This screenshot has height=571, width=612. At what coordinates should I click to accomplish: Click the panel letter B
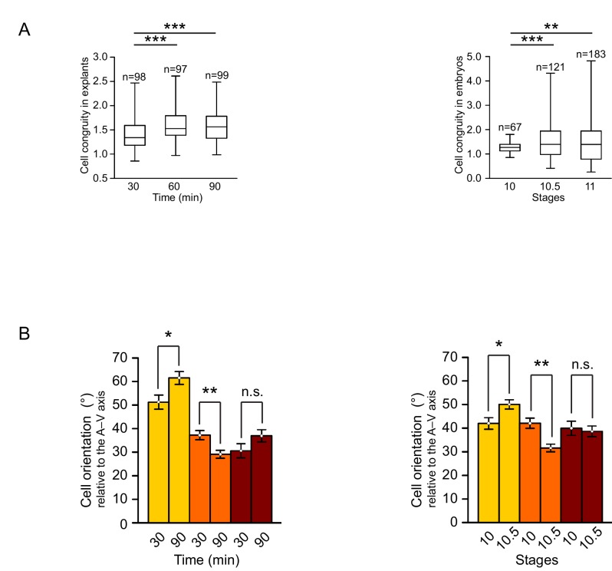[x=25, y=335]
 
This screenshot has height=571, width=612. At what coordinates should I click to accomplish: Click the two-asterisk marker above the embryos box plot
[x=551, y=27]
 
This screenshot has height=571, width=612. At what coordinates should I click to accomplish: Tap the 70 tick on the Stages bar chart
[x=469, y=358]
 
